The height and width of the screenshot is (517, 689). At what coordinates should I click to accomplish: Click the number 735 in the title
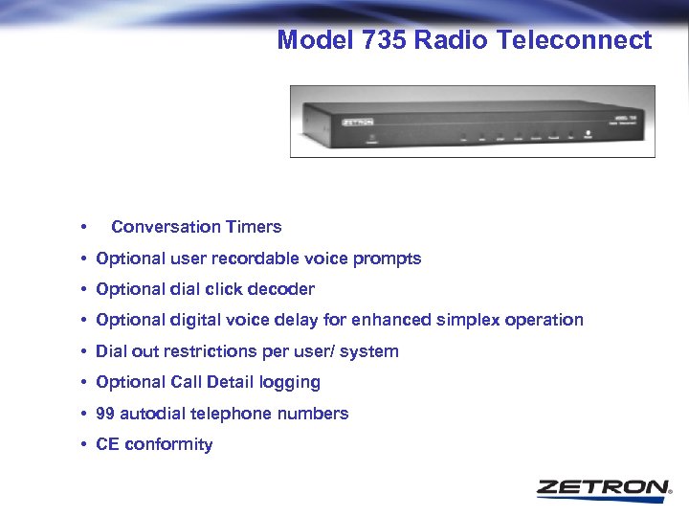pyautogui.click(x=380, y=40)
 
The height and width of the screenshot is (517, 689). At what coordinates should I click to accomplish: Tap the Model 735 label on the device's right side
pyautogui.click(x=627, y=119)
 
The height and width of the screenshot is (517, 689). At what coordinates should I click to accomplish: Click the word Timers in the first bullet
pyautogui.click(x=254, y=227)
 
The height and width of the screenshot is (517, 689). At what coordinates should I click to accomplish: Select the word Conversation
pyautogui.click(x=167, y=227)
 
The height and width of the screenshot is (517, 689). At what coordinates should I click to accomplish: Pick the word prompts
pyautogui.click(x=388, y=258)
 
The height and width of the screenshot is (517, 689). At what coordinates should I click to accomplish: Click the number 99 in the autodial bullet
pyautogui.click(x=105, y=414)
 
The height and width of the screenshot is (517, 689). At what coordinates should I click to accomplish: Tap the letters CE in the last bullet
pyautogui.click(x=107, y=444)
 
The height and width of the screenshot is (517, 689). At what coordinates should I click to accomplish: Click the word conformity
pyautogui.click(x=168, y=444)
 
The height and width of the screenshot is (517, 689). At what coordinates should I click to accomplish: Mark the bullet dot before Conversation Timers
pyautogui.click(x=85, y=228)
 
